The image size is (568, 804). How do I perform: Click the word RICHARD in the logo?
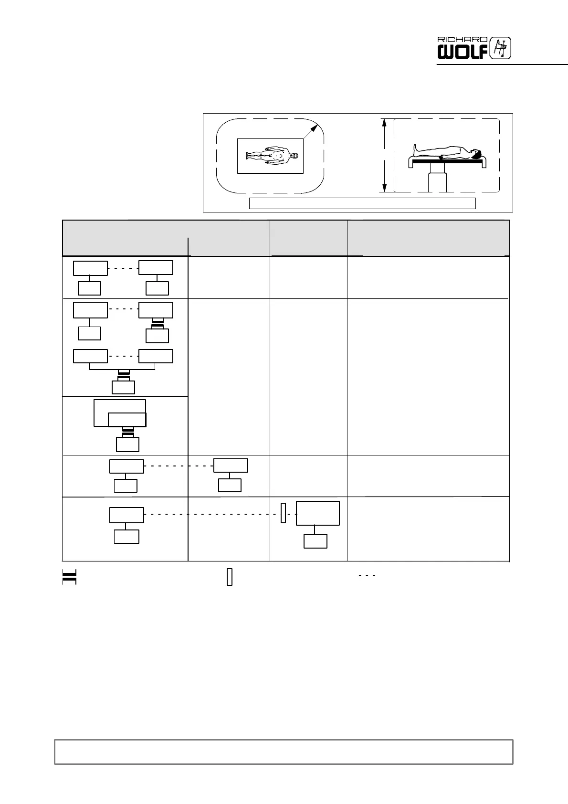click(463, 40)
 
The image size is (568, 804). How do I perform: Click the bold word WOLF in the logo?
click(463, 52)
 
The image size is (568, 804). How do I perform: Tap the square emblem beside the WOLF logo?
click(501, 48)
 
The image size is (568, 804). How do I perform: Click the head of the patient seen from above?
click(295, 156)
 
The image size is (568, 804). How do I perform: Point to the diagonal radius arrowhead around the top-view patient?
click(315, 127)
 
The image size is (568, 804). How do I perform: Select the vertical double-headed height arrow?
click(384, 156)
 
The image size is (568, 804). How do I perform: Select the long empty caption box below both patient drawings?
click(362, 203)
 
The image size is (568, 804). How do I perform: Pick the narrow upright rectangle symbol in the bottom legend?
click(230, 577)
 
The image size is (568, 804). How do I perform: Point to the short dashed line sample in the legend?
click(367, 575)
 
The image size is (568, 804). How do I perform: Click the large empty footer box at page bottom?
click(284, 752)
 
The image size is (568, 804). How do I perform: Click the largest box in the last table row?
click(318, 513)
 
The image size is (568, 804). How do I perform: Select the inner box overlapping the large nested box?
click(127, 420)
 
